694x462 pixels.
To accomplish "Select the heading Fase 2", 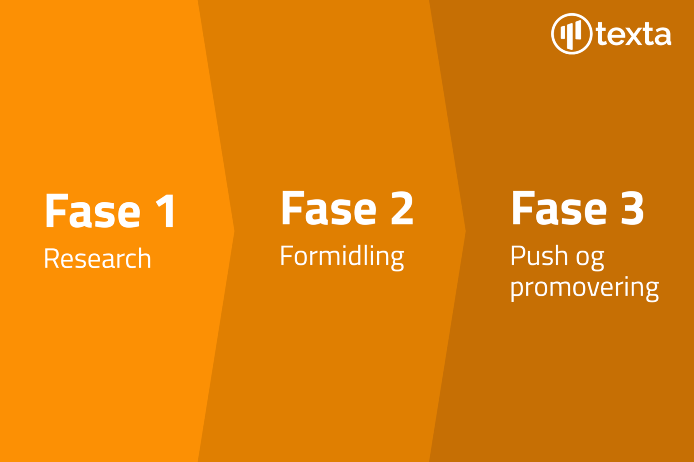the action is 347,208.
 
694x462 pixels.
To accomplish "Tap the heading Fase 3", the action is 577,208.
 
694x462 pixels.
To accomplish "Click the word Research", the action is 98,258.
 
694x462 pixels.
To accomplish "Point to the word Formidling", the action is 342,257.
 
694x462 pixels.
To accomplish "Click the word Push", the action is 539,256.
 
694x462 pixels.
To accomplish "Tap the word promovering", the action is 584,288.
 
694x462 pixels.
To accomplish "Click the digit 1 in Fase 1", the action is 166,211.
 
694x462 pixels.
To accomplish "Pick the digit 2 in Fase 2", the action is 402,208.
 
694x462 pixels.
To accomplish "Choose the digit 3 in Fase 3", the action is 633,208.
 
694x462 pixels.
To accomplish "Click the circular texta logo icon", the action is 572,34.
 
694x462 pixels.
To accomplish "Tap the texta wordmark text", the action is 634,34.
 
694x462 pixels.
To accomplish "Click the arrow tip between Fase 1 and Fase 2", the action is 234,231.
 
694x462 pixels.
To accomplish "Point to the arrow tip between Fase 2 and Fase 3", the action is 465,231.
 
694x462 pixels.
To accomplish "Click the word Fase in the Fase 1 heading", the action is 93,211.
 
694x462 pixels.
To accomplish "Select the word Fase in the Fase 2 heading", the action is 328,208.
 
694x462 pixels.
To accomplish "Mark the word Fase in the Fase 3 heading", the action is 559,208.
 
